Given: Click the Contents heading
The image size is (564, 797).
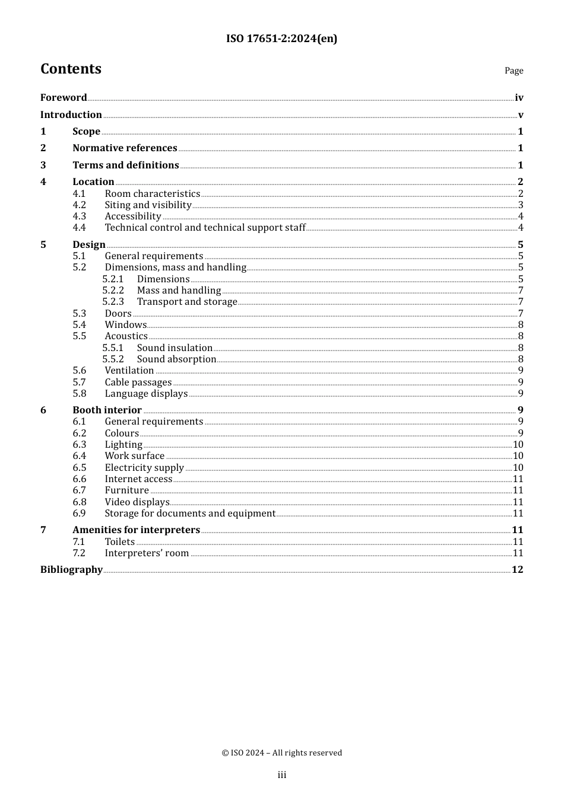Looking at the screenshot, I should click(x=71, y=69).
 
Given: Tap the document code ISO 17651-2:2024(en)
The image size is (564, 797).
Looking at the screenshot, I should click(x=281, y=39).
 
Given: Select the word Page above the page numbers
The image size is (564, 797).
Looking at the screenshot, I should click(x=514, y=71).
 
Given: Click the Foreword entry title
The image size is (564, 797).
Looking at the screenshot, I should click(x=64, y=98).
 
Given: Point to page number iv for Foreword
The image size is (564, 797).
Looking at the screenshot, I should click(x=519, y=98).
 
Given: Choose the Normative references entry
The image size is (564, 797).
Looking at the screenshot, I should click(x=125, y=148).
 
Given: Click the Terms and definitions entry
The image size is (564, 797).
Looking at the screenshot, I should click(x=125, y=165).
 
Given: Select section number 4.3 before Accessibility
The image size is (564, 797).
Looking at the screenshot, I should click(x=79, y=216).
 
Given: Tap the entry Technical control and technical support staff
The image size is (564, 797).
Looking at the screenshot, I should click(x=205, y=228).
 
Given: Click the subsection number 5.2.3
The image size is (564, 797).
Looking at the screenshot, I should click(x=113, y=302).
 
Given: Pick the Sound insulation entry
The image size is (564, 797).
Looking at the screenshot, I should click(x=175, y=348).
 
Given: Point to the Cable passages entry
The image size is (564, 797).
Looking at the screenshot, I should click(x=138, y=382).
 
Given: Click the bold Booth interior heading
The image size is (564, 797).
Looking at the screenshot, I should click(x=107, y=410).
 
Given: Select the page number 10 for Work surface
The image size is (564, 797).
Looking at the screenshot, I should click(x=518, y=456).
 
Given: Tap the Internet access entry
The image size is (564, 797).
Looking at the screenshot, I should click(x=138, y=479).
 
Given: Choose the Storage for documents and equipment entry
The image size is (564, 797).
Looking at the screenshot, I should click(x=190, y=514).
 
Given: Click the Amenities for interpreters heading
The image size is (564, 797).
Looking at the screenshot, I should click(x=136, y=530).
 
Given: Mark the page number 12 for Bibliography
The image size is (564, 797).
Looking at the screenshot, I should click(x=517, y=570).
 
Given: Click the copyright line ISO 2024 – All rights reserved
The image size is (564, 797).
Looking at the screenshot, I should click(x=282, y=753).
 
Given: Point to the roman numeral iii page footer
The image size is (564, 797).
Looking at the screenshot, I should click(x=282, y=775).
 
